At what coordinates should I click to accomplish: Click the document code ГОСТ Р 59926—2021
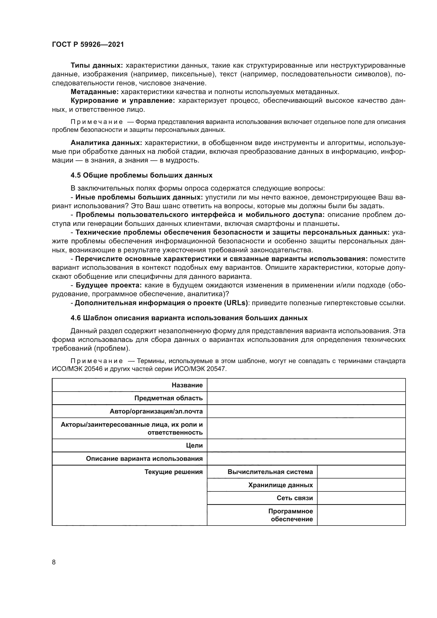pos(88,45)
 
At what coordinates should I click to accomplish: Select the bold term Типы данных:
pos(97,66)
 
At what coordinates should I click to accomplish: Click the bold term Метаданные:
pos(94,92)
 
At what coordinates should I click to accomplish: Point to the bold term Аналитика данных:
pos(106,143)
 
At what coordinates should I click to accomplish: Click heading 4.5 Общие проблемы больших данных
pos(141,175)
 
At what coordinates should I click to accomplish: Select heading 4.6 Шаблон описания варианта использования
pos(189,318)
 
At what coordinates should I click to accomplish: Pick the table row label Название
pos(187,385)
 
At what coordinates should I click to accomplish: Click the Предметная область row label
pos(169,398)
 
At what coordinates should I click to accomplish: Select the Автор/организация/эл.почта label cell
pos(156,411)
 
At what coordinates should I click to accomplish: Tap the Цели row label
pos(194,445)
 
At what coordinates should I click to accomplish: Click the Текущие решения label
pos(174,472)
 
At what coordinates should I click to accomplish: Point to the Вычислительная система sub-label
pos(270,472)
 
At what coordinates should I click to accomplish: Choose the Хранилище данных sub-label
pos(280,485)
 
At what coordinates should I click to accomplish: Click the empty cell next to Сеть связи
pos(361,498)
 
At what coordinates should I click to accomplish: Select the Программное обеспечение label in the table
pos(291,515)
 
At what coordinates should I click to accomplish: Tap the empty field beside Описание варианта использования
pos(306,459)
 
